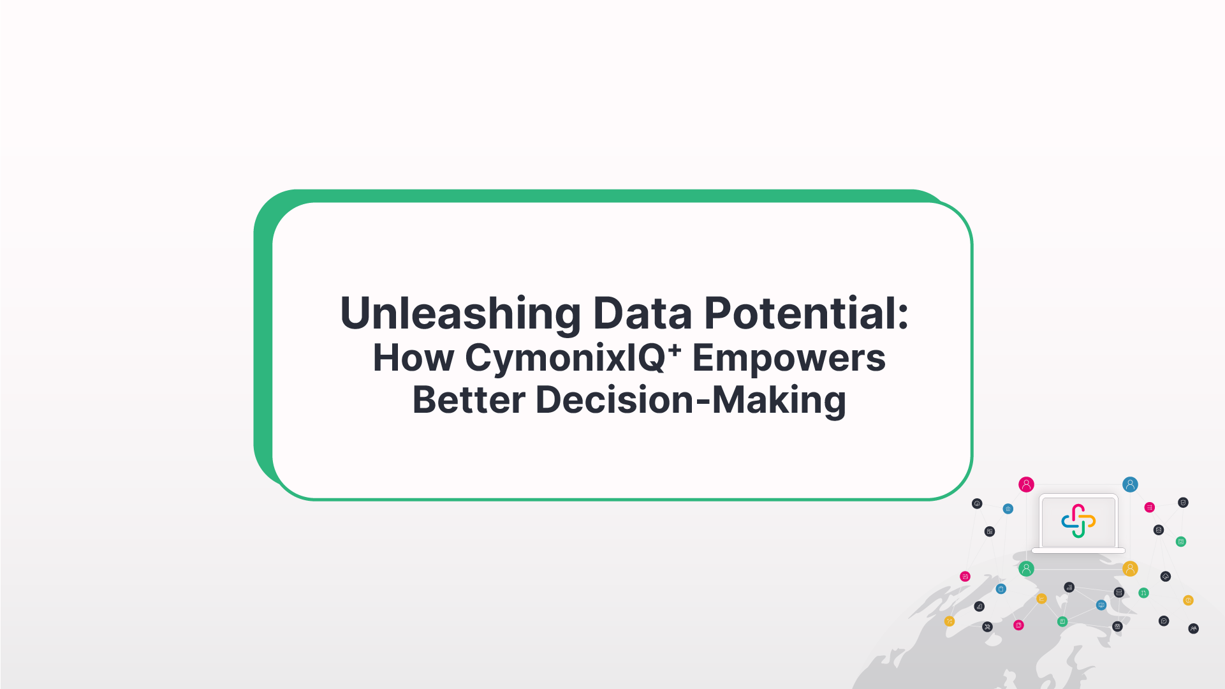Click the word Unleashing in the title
460,314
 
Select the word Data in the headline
643,314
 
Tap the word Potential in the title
801,314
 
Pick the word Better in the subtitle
469,399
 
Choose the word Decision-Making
691,401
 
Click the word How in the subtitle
413,358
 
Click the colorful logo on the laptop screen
1078,521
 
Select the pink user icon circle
1026,485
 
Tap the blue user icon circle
1130,485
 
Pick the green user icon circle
1026,568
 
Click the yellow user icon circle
1130,568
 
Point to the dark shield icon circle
1183,503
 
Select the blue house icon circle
1008,509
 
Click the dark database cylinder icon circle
1159,530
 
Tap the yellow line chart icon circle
1041,599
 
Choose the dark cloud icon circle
1166,577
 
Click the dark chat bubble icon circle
1164,621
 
